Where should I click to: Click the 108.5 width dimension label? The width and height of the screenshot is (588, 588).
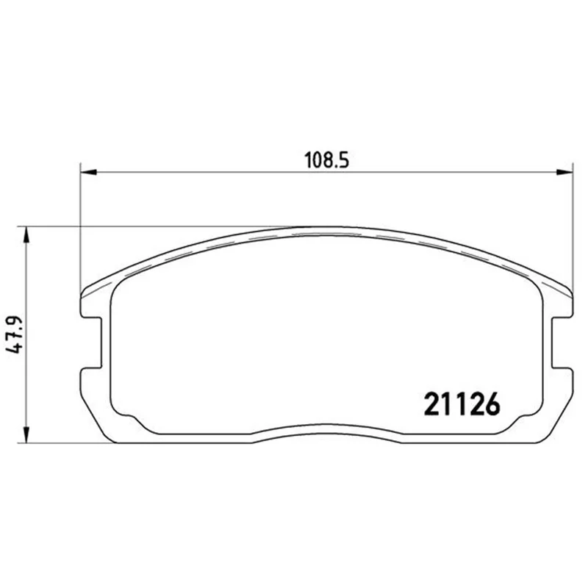[326, 160]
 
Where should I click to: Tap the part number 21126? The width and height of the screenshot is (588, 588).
[462, 404]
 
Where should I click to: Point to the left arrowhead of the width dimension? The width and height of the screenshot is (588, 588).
[89, 172]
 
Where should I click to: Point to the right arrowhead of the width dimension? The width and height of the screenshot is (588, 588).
[564, 172]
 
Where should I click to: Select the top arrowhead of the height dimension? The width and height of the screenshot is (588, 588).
[26, 234]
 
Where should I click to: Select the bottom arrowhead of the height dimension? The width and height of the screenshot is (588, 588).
[26, 434]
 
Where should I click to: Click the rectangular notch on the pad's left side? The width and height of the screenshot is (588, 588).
[91, 343]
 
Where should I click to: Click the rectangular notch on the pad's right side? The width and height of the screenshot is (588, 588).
[563, 343]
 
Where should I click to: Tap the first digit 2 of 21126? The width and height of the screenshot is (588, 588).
[431, 404]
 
